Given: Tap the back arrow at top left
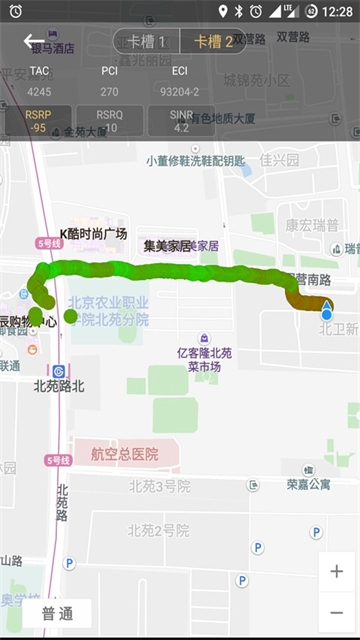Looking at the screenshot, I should click(x=34, y=41).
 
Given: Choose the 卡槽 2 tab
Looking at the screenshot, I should click(x=213, y=41).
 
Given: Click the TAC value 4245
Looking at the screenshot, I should click(x=39, y=92).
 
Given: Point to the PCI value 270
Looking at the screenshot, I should click(x=109, y=92).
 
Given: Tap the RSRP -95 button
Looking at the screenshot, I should click(x=38, y=121).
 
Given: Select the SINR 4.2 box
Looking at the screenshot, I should click(x=181, y=121).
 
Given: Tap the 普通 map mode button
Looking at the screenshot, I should click(x=57, y=613).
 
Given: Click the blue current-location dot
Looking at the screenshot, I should click(x=326, y=314).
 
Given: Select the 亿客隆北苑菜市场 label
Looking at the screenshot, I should click(x=204, y=359).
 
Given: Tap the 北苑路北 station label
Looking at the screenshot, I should click(x=59, y=385).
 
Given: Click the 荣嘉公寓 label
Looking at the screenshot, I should click(x=308, y=484).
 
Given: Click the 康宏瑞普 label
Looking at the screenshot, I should click(x=313, y=225).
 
